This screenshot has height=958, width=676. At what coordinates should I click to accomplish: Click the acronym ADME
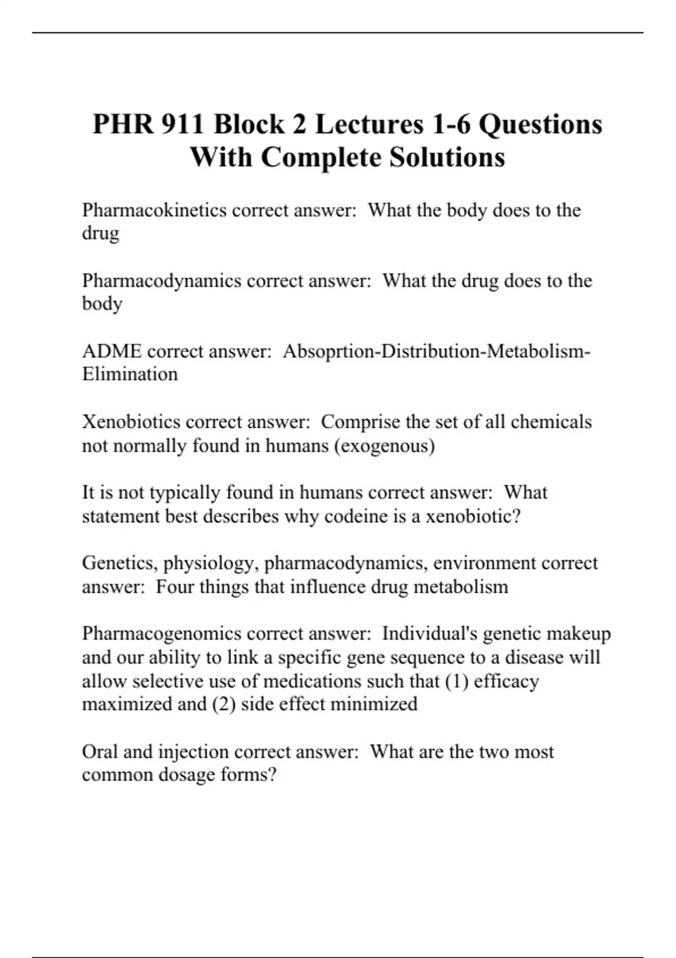112,351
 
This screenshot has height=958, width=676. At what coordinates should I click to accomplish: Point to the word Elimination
130,374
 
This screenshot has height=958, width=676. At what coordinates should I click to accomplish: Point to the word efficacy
506,681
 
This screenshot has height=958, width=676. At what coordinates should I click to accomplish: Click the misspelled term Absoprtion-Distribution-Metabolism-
437,351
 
